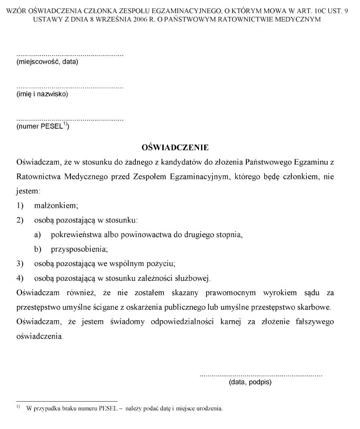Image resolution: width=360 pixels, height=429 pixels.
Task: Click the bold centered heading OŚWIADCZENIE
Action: (x=175, y=148)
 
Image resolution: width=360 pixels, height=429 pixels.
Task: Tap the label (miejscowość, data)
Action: (x=47, y=62)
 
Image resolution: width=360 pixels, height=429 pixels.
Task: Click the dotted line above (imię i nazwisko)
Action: (x=70, y=87)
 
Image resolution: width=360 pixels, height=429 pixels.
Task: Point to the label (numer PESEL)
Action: (x=43, y=126)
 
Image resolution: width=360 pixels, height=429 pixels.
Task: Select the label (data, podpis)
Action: (x=250, y=383)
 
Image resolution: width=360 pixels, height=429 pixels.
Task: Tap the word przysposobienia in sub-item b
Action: (x=78, y=249)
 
